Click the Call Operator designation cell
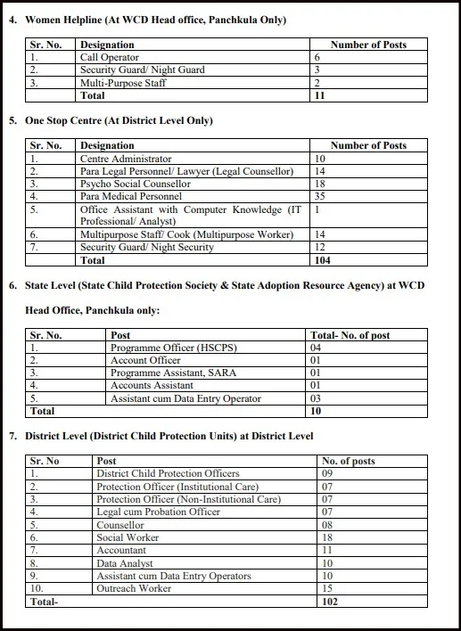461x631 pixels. tap(109, 57)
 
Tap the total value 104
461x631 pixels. tap(323, 260)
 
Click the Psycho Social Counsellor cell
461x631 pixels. tap(135, 184)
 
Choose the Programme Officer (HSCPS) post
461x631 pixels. tap(161, 348)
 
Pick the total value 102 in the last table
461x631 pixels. tap(331, 602)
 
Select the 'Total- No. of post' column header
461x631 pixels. tap(350, 335)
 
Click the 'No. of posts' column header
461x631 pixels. tap(349, 461)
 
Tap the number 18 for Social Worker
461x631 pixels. tap(326, 537)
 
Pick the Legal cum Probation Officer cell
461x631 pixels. tap(158, 512)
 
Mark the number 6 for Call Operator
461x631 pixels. tap(317, 57)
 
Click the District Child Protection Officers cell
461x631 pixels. tap(168, 473)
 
